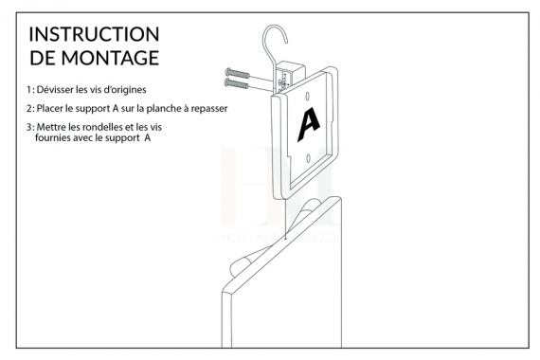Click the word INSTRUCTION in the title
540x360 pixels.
pos(94,34)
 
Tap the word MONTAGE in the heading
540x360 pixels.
pos(110,58)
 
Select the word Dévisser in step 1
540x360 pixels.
pos(55,90)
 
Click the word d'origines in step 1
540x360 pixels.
pos(125,90)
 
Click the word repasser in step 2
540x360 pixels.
pos(209,109)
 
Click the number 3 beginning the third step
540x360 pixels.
pos(29,127)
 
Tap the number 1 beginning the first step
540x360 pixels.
pos(28,90)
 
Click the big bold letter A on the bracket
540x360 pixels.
pos(309,124)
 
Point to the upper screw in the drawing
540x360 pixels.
pos(238,73)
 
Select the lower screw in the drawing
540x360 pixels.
pos(236,83)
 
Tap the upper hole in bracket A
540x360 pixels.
pos(308,96)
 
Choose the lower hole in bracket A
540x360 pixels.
pos(308,158)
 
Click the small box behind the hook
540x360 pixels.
pos(292,74)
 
